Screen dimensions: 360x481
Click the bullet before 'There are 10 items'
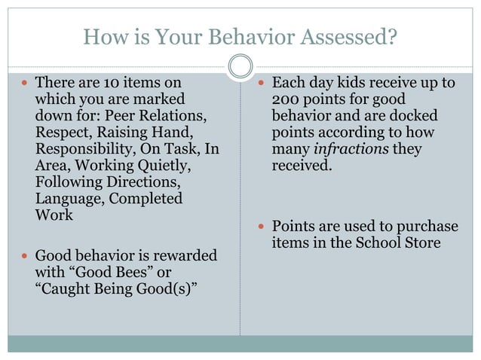tap(25, 82)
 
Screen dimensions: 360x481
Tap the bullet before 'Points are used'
tap(261, 226)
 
